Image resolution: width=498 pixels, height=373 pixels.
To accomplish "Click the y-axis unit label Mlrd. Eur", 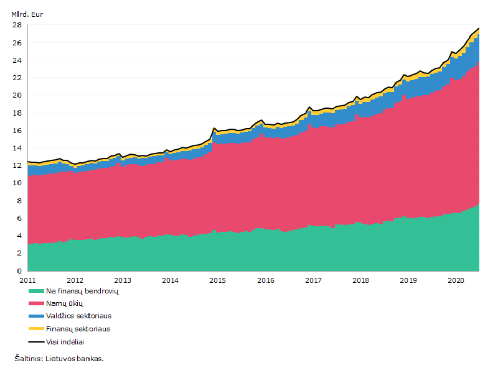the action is pos(27,14).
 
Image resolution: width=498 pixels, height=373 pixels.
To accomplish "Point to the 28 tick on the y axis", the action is pos(17,25).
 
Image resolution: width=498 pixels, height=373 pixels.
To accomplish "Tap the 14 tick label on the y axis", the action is pos(17,148).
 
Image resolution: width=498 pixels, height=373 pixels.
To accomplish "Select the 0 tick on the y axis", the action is pos(19,271).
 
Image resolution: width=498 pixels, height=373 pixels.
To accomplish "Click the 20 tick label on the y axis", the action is pos(17,95).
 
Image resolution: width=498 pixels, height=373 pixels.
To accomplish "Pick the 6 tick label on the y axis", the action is pos(19,218).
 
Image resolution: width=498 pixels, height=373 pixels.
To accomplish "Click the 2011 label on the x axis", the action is pos(27,280).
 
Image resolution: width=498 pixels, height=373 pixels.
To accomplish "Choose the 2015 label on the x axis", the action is pos(217,280).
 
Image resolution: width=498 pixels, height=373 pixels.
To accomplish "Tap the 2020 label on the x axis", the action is pos(456,280).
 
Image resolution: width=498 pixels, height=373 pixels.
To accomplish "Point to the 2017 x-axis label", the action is pos(313,280).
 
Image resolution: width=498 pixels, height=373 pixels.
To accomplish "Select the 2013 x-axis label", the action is pos(123,280).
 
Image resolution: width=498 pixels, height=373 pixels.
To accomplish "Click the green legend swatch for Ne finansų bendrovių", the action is pos(36,291).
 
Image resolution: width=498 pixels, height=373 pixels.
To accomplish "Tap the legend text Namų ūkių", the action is pos(65,303).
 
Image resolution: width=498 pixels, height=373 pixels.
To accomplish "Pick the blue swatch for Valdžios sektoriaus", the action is pos(36,316).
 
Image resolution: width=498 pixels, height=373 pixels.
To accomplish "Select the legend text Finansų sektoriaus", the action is pos(78,329).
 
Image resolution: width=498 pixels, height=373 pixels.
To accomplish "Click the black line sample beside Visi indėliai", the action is pos(36,342).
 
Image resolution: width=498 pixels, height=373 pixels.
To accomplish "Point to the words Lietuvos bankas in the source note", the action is pos(74,359).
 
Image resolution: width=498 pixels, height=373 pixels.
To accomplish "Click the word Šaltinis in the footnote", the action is pos(28,359).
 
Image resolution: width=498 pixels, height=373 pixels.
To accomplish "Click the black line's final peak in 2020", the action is pos(479,28).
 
